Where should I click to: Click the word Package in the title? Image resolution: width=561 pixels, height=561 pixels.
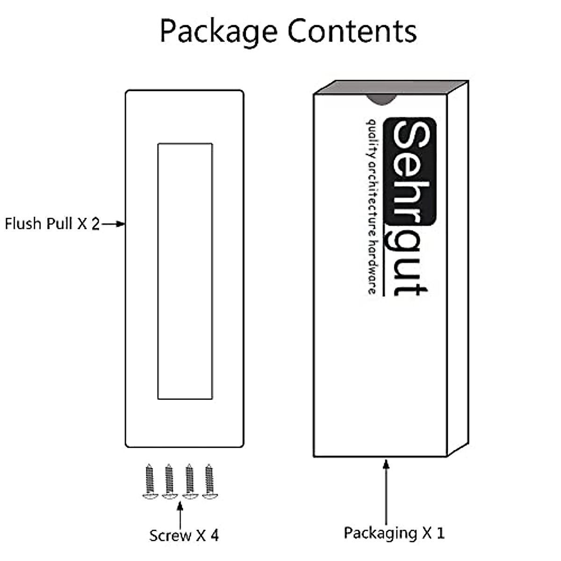(220, 32)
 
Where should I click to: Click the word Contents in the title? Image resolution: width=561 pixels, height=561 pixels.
(352, 31)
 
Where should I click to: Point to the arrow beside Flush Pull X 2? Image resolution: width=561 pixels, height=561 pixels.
(114, 224)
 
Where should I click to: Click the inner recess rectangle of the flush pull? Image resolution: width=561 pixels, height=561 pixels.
(185, 271)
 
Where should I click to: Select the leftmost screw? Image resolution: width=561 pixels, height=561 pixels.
(149, 482)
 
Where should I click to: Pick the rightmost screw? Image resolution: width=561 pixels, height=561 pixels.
(208, 482)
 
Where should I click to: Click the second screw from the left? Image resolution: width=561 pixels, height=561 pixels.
(169, 482)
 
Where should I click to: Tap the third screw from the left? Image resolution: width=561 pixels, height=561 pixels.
(189, 482)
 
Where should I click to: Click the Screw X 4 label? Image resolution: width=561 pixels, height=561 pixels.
(184, 535)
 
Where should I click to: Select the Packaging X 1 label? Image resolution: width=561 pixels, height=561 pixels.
(394, 532)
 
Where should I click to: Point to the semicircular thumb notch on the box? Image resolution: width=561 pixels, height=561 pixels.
(380, 99)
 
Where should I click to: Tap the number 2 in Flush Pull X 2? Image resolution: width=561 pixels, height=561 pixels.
(95, 224)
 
